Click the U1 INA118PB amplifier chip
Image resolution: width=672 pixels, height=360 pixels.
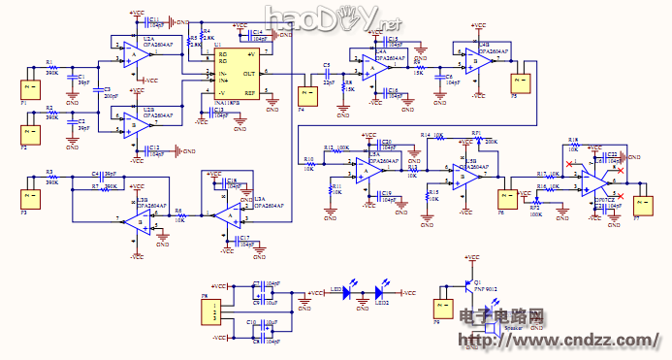(237, 73)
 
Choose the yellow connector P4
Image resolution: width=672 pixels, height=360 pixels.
(308, 96)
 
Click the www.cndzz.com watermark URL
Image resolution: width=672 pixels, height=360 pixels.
(572, 341)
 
